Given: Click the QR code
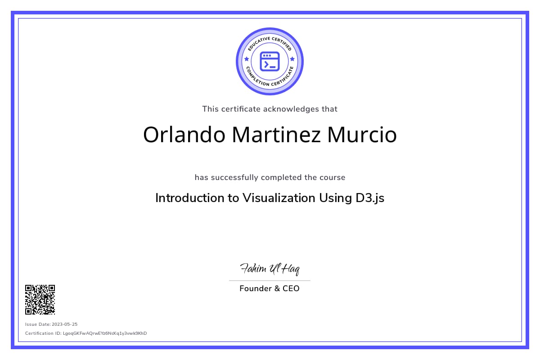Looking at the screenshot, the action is coord(40,300).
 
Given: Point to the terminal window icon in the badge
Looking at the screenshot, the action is coord(270,62).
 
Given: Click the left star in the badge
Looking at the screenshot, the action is coord(247,59).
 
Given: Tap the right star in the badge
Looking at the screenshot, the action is coord(292,59).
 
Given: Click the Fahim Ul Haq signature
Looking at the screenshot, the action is coord(270,269).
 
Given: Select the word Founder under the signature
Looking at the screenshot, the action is coord(256,288).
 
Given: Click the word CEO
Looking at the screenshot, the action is coord(291,288).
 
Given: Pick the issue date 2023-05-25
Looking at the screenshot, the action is coord(65,324).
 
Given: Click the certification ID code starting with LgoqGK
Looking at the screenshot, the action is coord(105,333).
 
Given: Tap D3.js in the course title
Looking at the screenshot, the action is coord(370,198).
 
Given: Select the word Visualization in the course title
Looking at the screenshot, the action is coord(279,198).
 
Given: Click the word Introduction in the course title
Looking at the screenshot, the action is coord(190,198).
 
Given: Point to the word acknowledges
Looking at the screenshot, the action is coord(291,109).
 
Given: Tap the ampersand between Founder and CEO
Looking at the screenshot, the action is coord(277,288).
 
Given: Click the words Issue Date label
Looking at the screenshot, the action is coord(38,324).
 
